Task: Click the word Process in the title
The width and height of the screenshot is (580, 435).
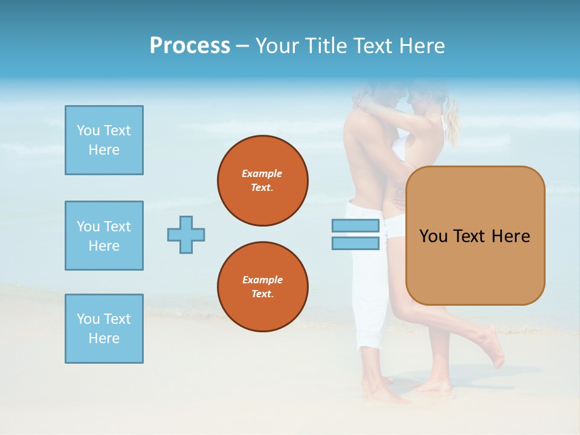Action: click(190, 46)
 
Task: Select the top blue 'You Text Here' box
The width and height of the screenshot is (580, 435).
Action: click(104, 140)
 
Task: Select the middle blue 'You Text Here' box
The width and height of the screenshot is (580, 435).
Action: click(104, 236)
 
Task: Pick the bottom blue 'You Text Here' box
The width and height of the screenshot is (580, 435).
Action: click(104, 329)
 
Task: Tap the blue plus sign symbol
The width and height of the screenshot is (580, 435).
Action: click(186, 234)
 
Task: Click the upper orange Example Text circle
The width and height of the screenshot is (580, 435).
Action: click(263, 181)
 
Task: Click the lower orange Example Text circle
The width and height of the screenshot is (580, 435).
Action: click(263, 287)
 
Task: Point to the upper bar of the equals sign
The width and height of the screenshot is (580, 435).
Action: click(355, 225)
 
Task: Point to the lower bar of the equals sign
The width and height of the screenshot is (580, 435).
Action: click(355, 243)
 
